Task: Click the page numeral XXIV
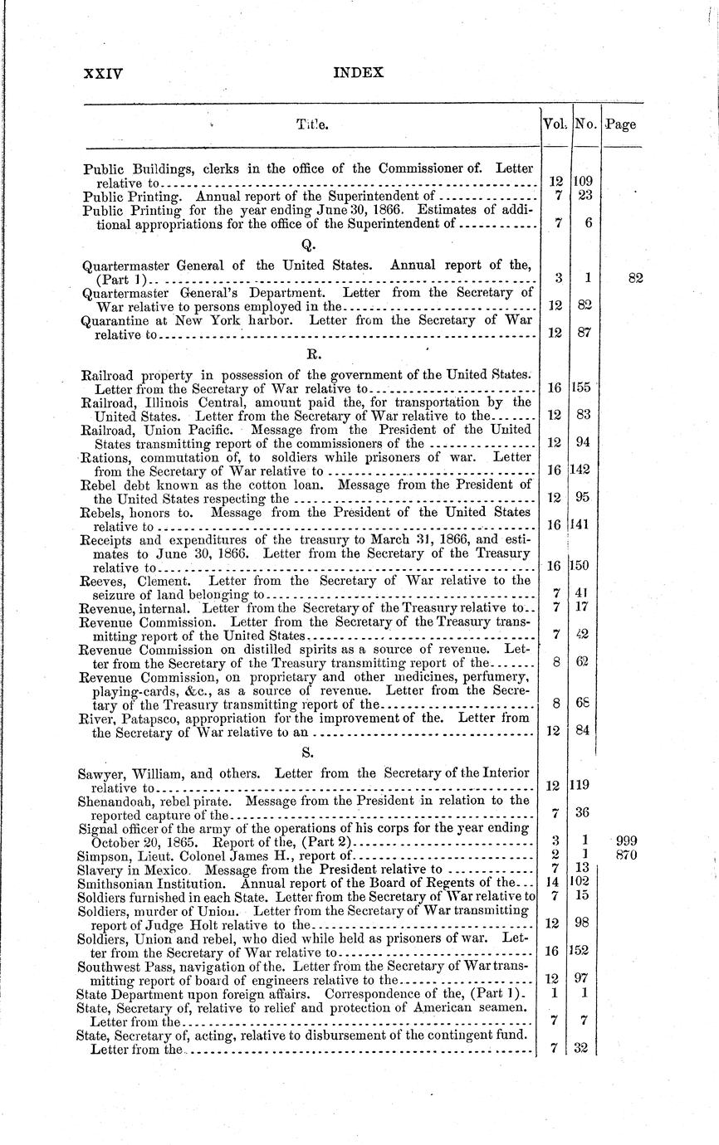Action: click(x=104, y=73)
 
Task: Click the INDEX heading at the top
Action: click(x=358, y=73)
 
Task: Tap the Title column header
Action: click(x=313, y=125)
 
